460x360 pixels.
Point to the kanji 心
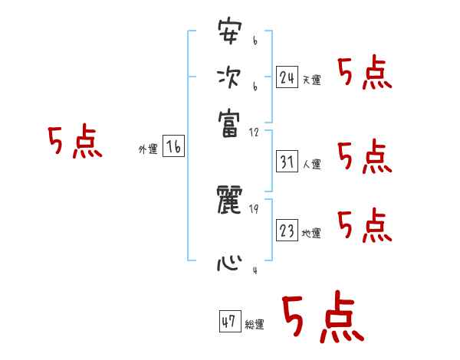pyautogui.click(x=229, y=264)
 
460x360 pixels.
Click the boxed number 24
pyautogui.click(x=287, y=77)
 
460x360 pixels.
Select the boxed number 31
pyautogui.click(x=287, y=162)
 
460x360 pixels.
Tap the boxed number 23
pyautogui.click(x=287, y=231)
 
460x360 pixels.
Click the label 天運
pyautogui.click(x=311, y=80)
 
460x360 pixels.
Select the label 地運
pyautogui.click(x=311, y=234)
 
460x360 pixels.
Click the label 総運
pyautogui.click(x=255, y=325)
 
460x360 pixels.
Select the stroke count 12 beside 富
pyautogui.click(x=254, y=133)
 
